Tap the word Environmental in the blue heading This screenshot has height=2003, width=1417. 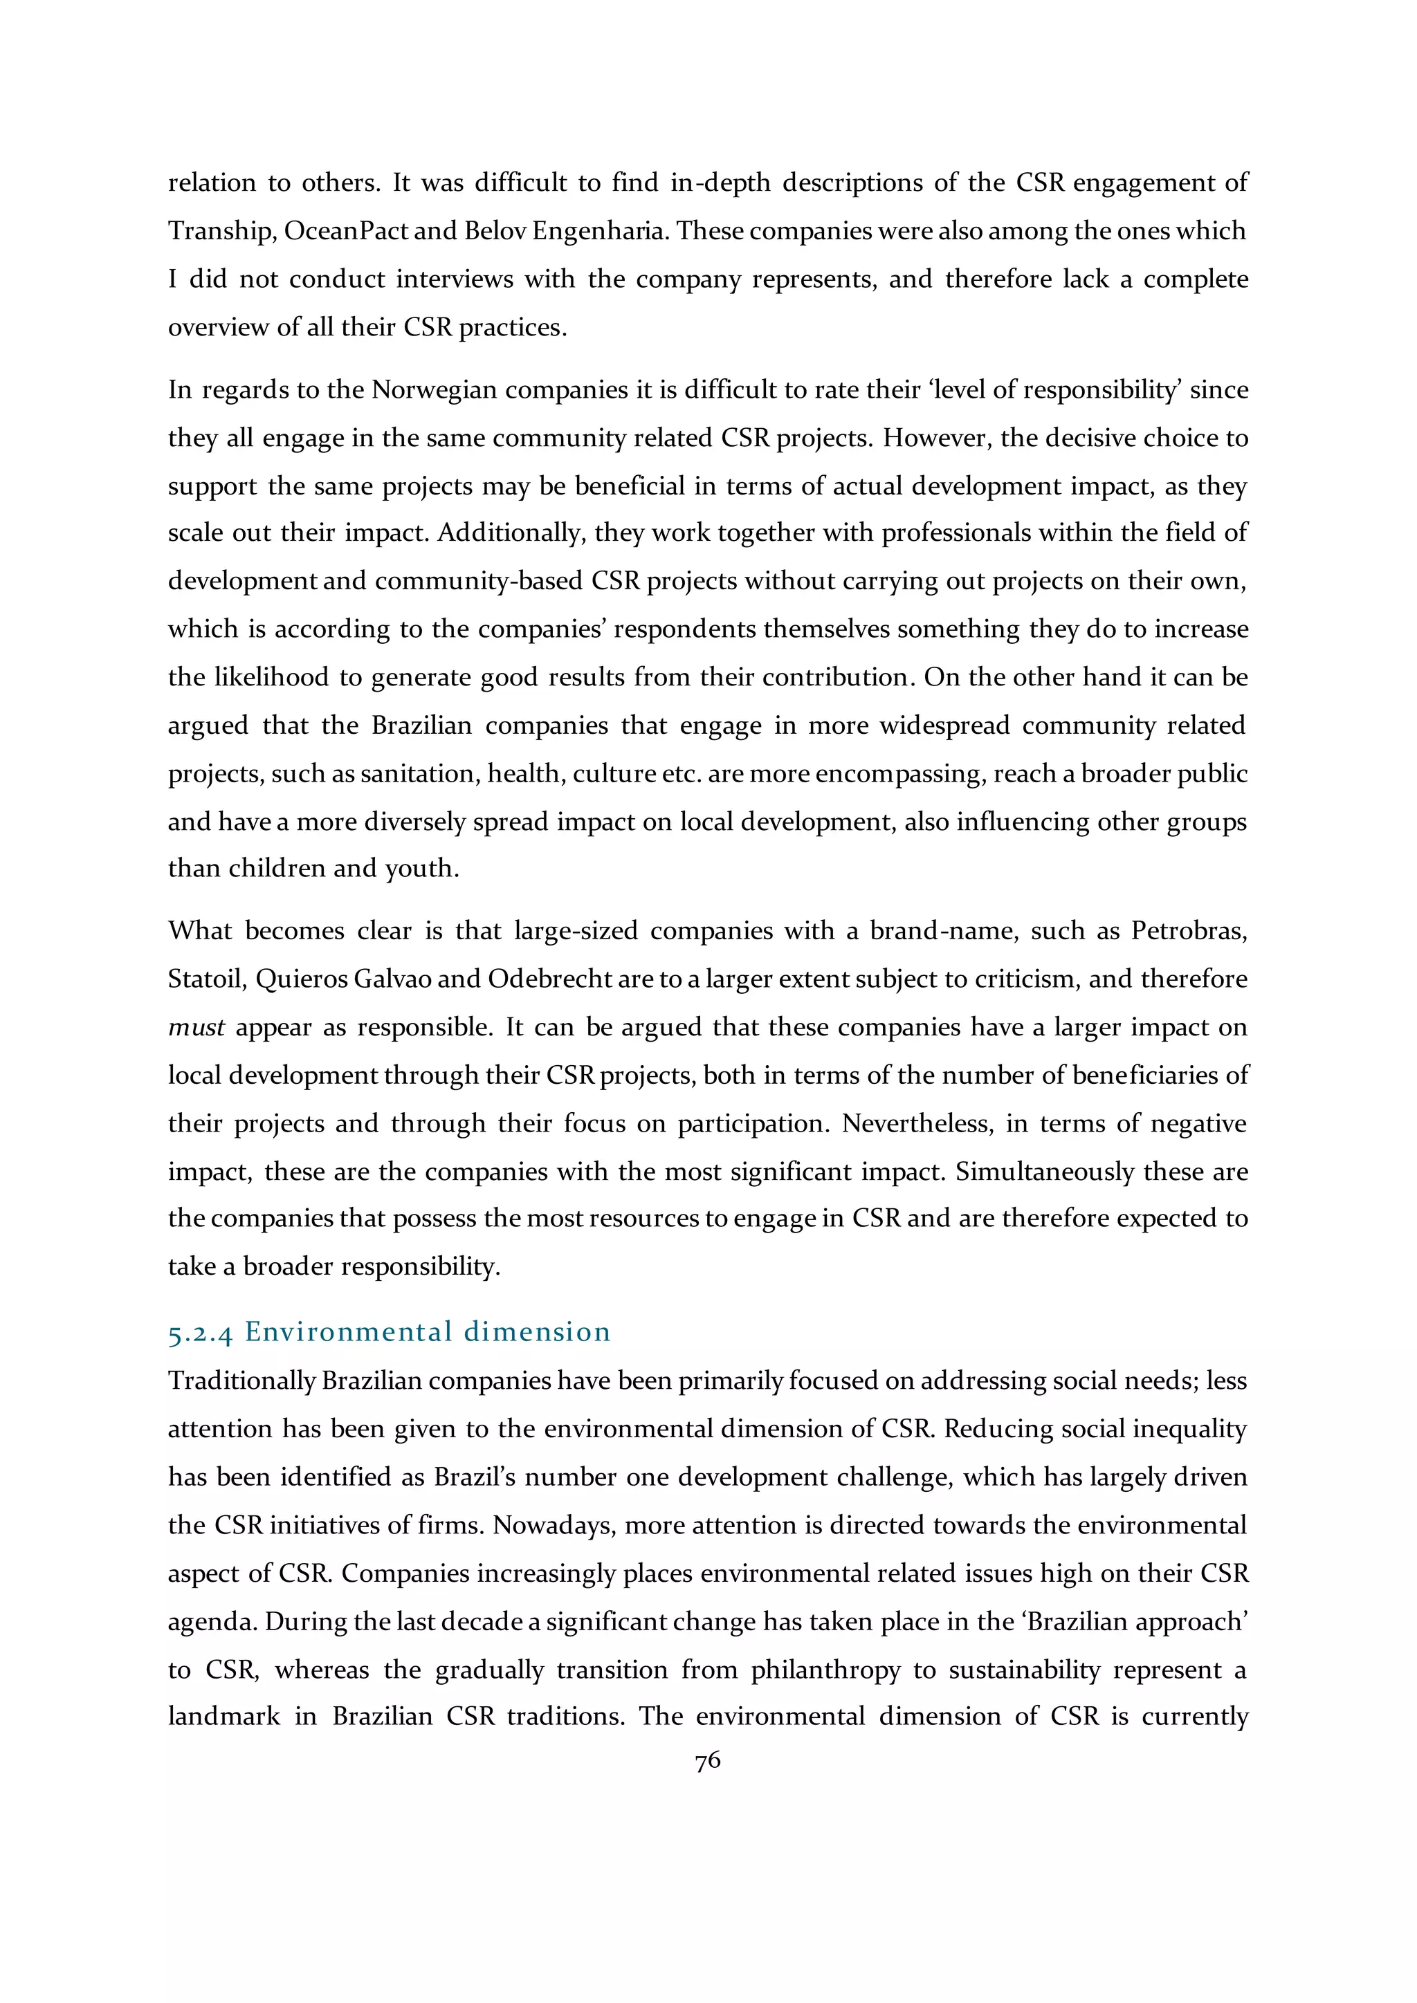point(349,1331)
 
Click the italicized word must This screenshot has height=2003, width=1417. point(196,1028)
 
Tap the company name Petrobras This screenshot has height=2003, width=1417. point(1189,931)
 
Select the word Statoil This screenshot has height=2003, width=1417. point(204,979)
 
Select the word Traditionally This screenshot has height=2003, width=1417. point(241,1381)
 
